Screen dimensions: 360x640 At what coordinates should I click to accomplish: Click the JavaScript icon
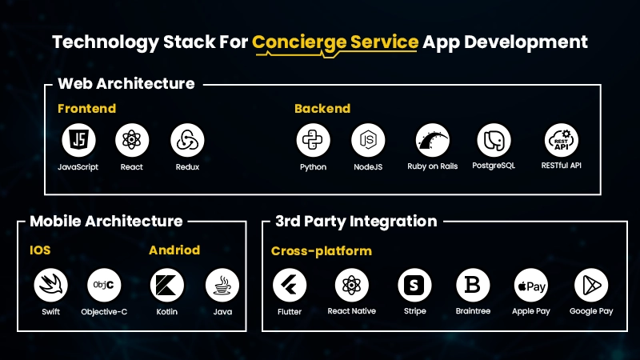click(78, 141)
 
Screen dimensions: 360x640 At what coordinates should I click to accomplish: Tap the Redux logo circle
click(187, 141)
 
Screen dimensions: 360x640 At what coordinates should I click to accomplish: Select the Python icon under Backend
click(313, 141)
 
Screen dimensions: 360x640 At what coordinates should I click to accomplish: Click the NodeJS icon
click(368, 141)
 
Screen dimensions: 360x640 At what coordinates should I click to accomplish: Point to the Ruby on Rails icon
click(433, 141)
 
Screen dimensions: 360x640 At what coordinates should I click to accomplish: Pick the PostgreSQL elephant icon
click(494, 141)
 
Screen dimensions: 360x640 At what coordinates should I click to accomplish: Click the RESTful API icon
click(561, 141)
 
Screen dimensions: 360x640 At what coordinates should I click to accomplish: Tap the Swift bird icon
click(50, 285)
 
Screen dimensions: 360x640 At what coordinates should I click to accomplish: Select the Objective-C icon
click(104, 285)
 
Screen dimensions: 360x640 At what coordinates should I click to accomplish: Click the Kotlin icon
click(167, 285)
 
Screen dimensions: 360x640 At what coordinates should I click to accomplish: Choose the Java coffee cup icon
click(222, 285)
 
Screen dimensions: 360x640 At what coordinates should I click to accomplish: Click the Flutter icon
click(290, 285)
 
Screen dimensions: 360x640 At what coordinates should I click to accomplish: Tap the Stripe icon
click(414, 285)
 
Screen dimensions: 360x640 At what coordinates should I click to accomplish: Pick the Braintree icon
click(473, 285)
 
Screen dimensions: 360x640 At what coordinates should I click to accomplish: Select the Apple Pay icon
click(530, 285)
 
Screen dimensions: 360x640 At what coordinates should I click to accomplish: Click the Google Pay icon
click(591, 285)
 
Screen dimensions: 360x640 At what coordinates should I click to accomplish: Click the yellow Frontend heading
click(86, 108)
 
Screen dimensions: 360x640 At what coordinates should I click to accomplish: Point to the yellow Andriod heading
click(174, 250)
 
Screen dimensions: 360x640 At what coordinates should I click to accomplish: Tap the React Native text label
click(352, 311)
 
